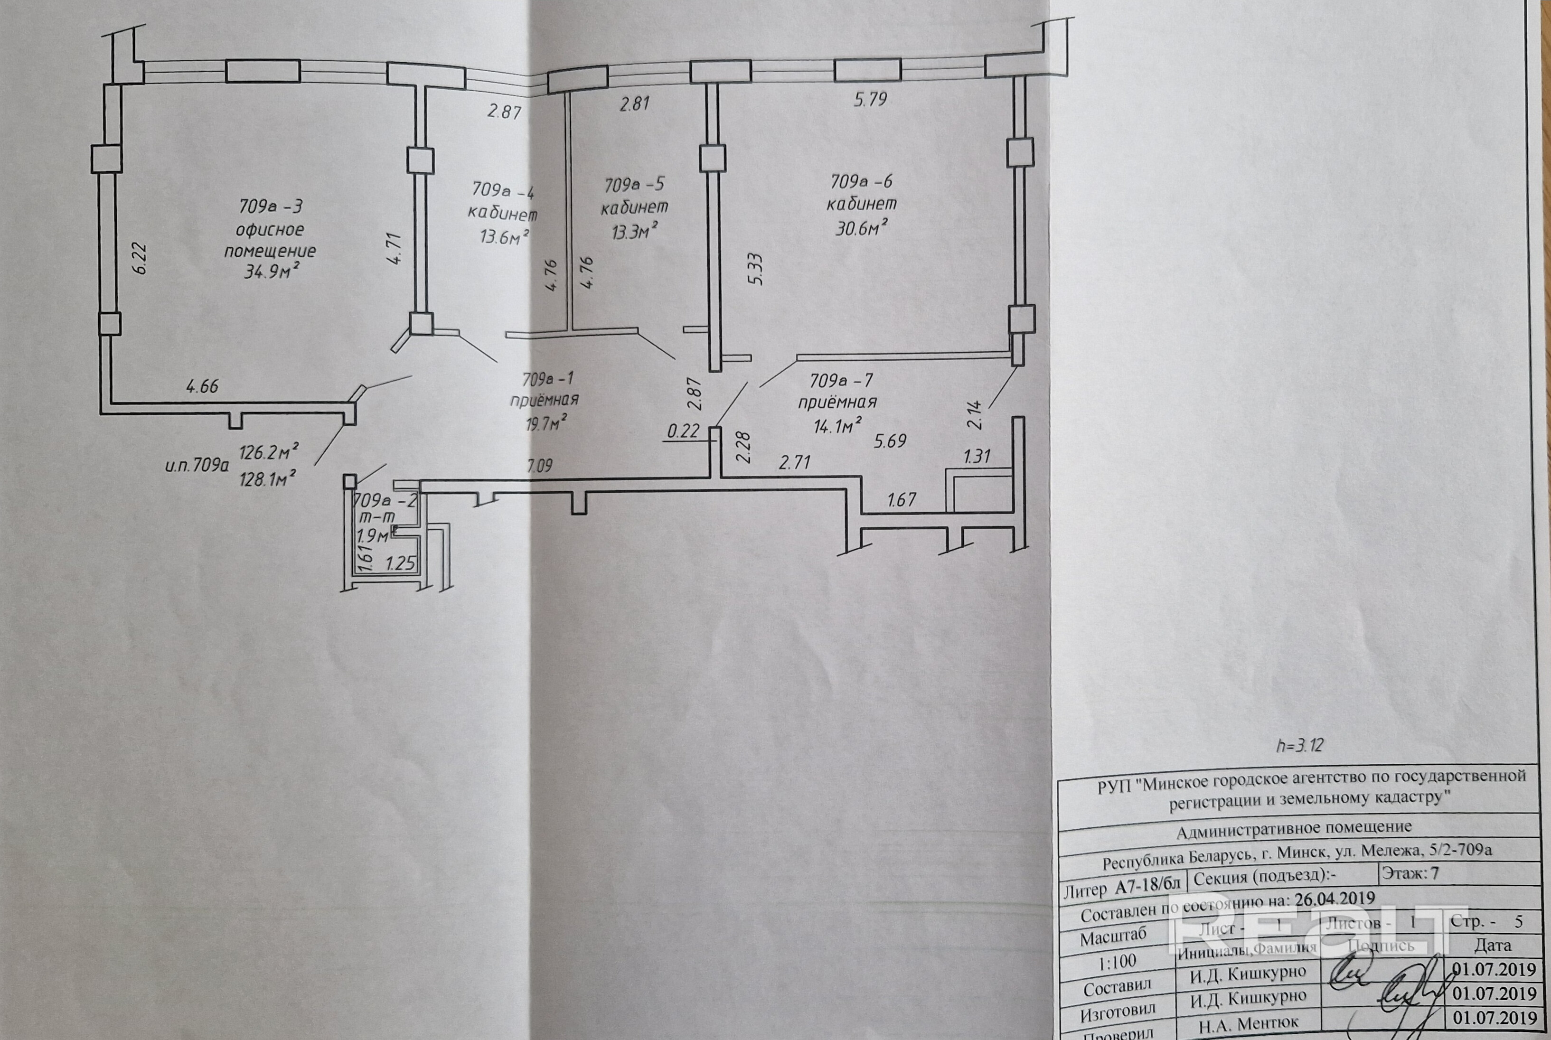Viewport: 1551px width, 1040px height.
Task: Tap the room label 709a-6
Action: point(861,180)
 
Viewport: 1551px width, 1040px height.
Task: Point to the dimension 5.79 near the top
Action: point(870,100)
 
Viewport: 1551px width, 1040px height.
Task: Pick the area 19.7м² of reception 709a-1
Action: point(546,422)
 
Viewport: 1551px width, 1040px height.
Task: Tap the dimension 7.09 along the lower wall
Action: point(540,466)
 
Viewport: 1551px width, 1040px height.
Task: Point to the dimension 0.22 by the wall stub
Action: point(683,431)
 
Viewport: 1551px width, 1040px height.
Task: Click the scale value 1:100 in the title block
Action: point(1118,961)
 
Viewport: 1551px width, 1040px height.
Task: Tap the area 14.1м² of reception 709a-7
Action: point(838,425)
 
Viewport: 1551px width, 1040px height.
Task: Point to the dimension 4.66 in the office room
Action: point(202,386)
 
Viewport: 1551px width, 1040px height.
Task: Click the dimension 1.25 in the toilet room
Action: point(400,564)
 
